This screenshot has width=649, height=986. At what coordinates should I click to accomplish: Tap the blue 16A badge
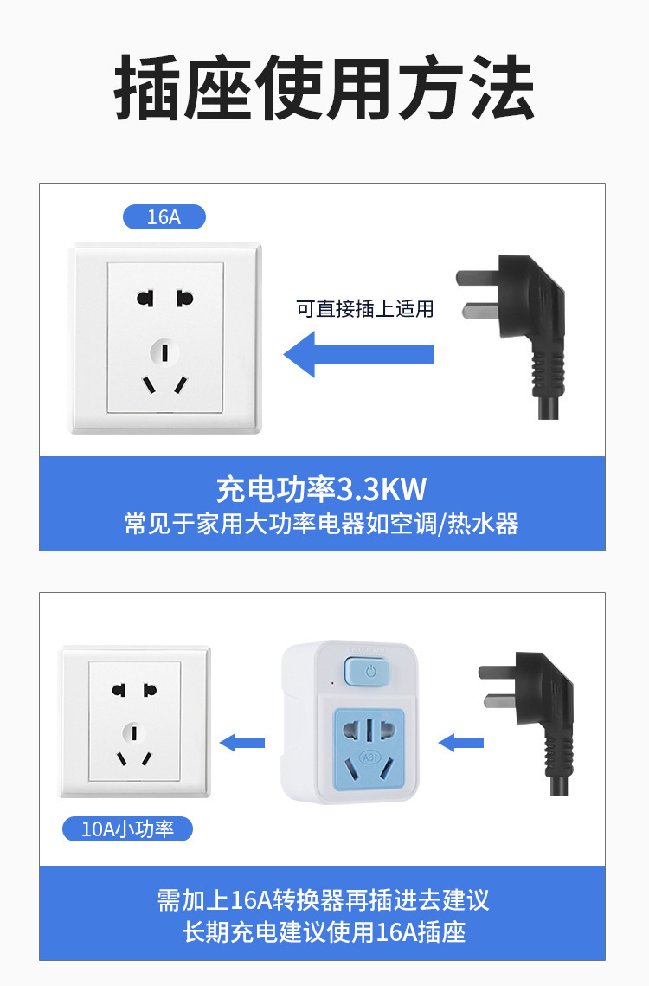pyautogui.click(x=164, y=217)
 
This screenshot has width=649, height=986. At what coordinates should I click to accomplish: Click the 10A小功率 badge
pyautogui.click(x=128, y=828)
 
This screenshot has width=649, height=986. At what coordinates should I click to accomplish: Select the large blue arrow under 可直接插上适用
pyautogui.click(x=358, y=354)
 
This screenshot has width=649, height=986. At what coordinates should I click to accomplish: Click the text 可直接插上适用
pyautogui.click(x=365, y=309)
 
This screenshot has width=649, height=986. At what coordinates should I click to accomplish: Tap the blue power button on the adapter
pyautogui.click(x=368, y=671)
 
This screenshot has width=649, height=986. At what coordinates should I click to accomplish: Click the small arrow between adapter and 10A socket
pyautogui.click(x=242, y=743)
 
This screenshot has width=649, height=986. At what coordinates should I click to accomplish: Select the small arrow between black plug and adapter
pyautogui.click(x=460, y=743)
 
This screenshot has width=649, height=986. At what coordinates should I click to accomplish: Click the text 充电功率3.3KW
pyautogui.click(x=321, y=489)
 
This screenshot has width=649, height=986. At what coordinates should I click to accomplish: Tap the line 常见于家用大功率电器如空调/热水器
pyautogui.click(x=321, y=524)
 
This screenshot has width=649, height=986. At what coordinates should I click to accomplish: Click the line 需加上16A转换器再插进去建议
pyautogui.click(x=323, y=899)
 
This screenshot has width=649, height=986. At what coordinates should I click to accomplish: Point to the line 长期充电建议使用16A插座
pyautogui.click(x=324, y=932)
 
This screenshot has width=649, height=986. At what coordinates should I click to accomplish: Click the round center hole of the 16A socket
pyautogui.click(x=164, y=352)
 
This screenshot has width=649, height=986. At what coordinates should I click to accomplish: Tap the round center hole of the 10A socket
pyautogui.click(x=133, y=732)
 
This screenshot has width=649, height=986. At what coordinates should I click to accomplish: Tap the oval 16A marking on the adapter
pyautogui.click(x=369, y=757)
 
